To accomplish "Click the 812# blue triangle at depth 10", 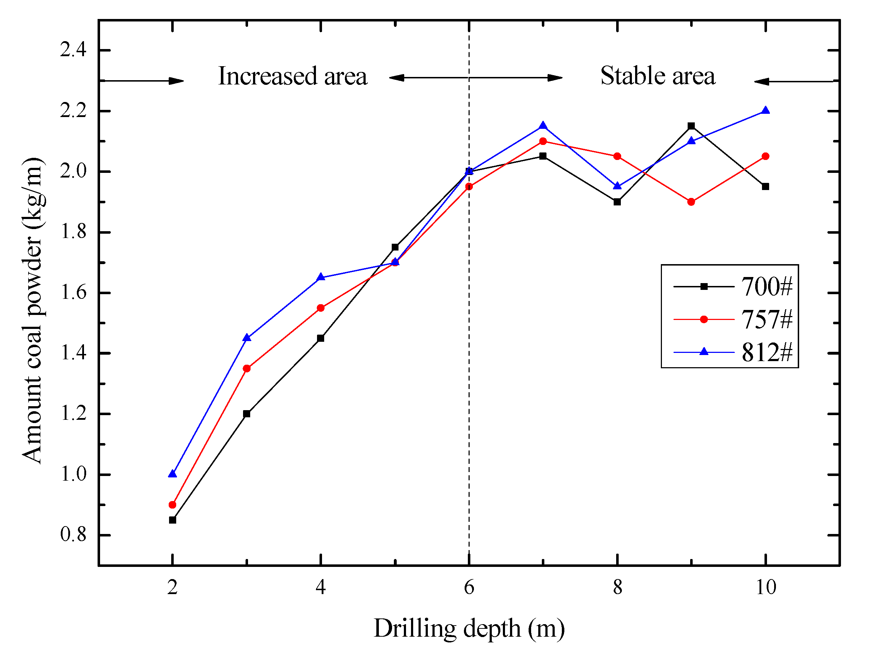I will (765, 110).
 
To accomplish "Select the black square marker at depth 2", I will (172, 520).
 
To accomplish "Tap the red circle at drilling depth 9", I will (691, 202).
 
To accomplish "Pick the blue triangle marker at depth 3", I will (247, 338).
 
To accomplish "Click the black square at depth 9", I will (691, 126).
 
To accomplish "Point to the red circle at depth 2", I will (172, 504).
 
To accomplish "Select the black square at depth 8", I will (617, 202).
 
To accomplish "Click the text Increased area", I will (292, 76).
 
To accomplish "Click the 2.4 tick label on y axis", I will (73, 50).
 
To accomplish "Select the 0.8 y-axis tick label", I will (73, 535).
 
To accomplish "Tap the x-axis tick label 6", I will (469, 588).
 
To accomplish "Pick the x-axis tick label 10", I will (766, 588).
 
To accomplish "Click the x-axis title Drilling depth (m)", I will (469, 628).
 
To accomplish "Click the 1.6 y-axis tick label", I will (73, 293).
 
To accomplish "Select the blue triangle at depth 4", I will (321, 277).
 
